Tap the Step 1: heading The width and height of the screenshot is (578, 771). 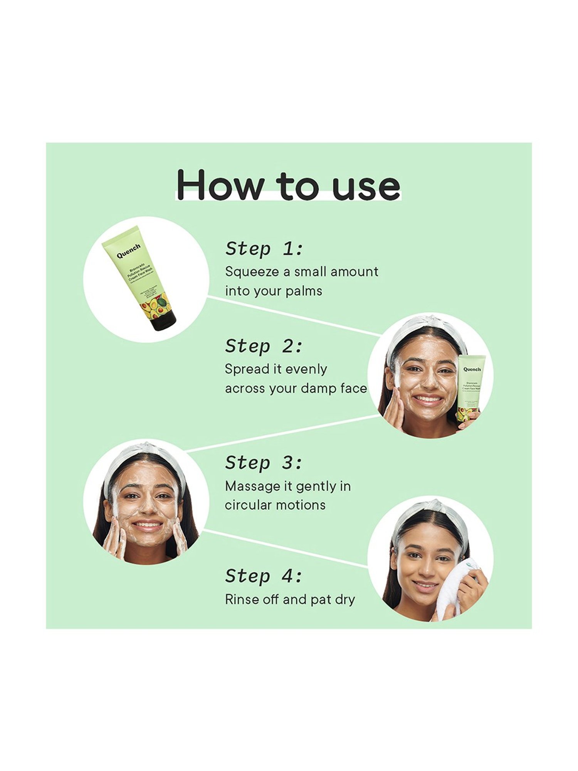point(264,249)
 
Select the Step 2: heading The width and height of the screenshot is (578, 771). point(264,346)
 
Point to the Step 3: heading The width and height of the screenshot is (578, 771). point(264,463)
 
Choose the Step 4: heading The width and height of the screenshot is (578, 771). point(264,576)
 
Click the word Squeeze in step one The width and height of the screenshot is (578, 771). point(252,272)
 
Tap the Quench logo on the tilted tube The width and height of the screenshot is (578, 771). point(129,251)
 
